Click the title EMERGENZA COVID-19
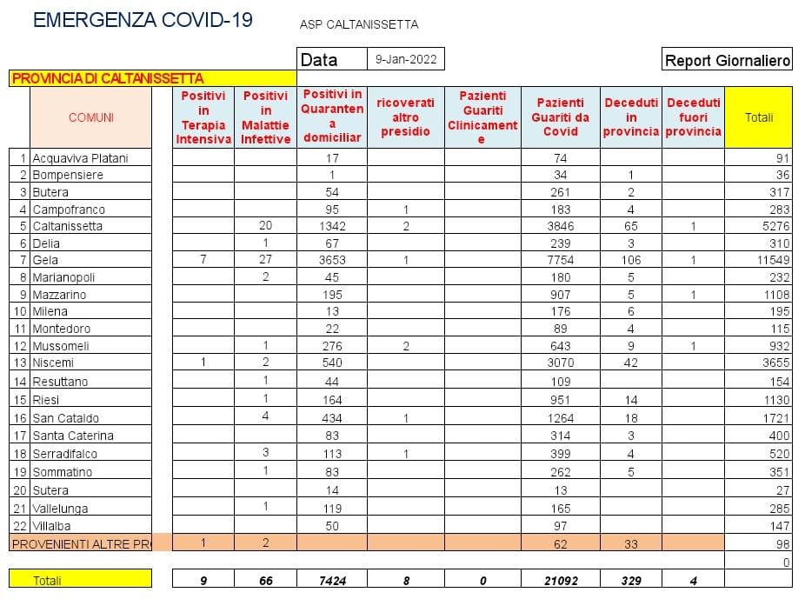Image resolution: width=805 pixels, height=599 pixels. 143,21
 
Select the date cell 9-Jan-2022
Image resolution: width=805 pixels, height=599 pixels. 405,59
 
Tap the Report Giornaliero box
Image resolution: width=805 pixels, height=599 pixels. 727,60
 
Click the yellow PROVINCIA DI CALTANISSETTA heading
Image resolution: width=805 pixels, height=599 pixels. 108,78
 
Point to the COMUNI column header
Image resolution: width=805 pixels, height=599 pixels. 91,117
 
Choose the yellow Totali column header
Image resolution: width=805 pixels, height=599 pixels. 758,117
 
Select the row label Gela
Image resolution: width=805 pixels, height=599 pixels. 45,260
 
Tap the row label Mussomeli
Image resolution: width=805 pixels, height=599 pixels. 60,346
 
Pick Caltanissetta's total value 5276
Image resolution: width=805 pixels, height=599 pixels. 774,226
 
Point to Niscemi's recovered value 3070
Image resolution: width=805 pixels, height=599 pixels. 562,363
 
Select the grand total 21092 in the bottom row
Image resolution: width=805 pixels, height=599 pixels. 562,581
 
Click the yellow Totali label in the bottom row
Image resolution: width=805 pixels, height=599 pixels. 48,581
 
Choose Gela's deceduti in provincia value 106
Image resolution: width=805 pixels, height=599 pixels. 630,260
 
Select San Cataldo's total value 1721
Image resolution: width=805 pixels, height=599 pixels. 774,418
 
